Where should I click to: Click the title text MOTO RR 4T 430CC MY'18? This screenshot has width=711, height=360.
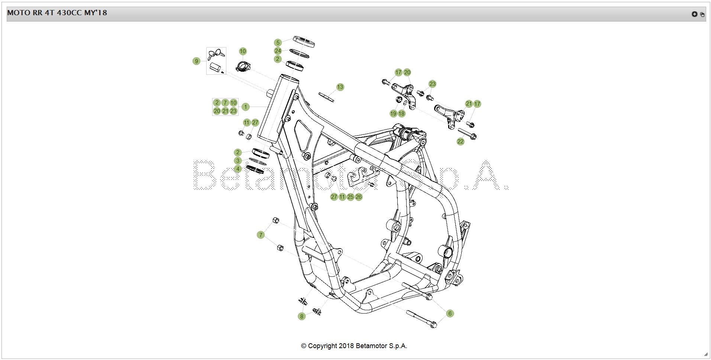pyautogui.click(x=57, y=13)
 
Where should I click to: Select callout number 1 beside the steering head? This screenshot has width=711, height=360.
pyautogui.click(x=245, y=107)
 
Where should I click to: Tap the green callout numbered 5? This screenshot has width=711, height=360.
pyautogui.click(x=278, y=43)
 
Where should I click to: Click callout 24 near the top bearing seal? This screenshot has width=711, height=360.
pyautogui.click(x=278, y=51)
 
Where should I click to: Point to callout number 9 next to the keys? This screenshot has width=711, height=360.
pyautogui.click(x=197, y=61)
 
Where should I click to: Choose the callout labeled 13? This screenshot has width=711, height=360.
pyautogui.click(x=340, y=87)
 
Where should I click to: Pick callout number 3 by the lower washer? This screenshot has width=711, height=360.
pyautogui.click(x=238, y=161)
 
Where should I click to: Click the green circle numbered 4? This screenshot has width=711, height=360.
pyautogui.click(x=238, y=169)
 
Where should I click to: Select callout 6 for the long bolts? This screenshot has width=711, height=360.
pyautogui.click(x=450, y=314)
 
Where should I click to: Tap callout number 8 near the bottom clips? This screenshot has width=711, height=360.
pyautogui.click(x=302, y=317)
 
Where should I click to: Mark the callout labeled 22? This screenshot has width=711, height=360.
pyautogui.click(x=460, y=142)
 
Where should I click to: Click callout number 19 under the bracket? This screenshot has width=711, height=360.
pyautogui.click(x=393, y=114)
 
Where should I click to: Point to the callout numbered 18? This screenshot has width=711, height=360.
pyautogui.click(x=401, y=114)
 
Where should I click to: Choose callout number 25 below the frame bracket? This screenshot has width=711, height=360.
pyautogui.click(x=350, y=197)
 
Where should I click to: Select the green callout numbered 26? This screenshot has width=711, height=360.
pyautogui.click(x=359, y=197)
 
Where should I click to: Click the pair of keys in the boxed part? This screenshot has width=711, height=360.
pyautogui.click(x=216, y=54)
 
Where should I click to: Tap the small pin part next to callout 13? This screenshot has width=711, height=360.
pyautogui.click(x=326, y=97)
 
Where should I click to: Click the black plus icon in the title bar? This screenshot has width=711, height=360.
pyautogui.click(x=694, y=14)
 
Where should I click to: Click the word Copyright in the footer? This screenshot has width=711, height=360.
pyautogui.click(x=323, y=346)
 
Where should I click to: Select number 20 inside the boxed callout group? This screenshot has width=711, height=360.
pyautogui.click(x=217, y=111)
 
